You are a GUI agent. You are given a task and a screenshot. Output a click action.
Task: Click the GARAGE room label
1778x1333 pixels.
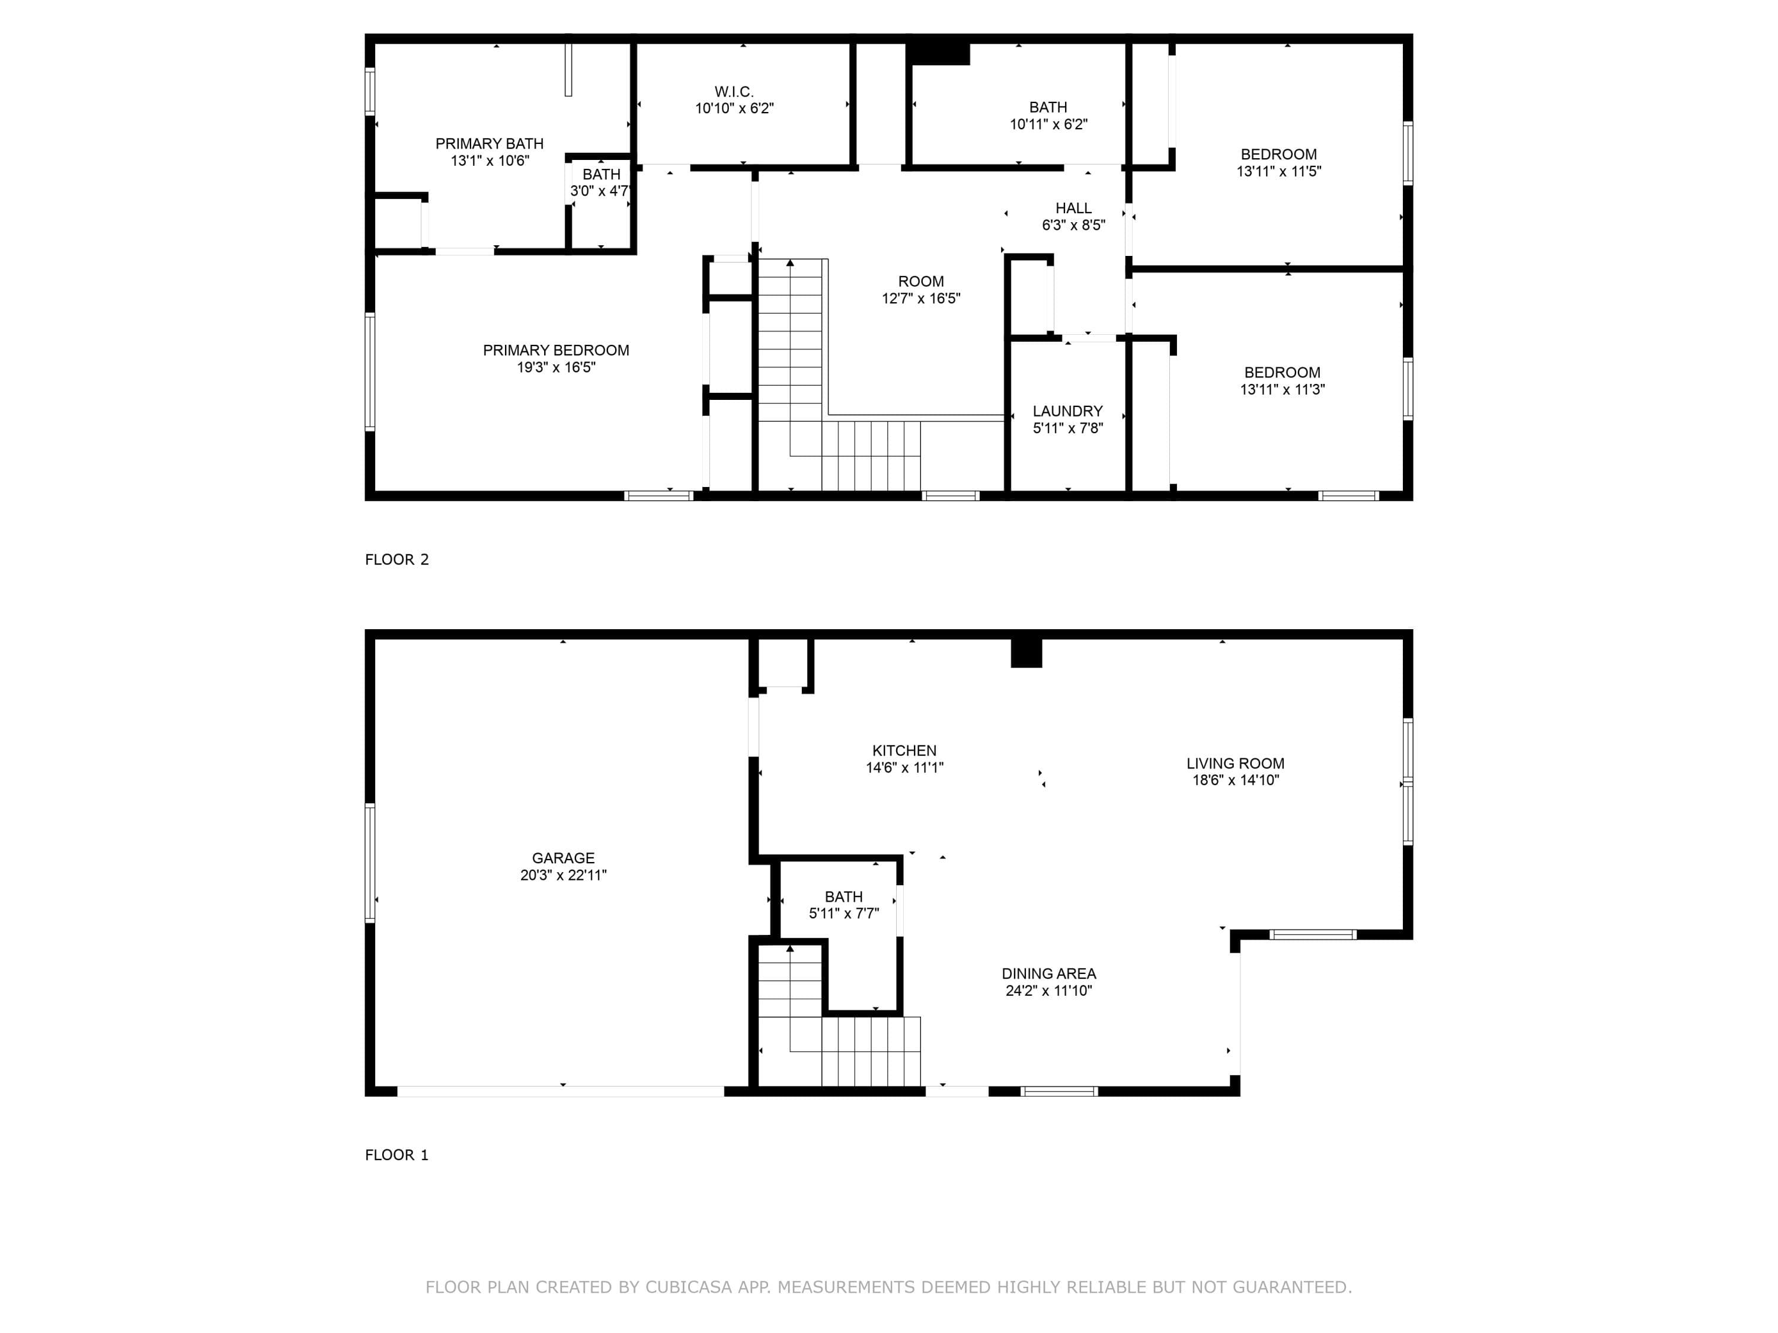562,858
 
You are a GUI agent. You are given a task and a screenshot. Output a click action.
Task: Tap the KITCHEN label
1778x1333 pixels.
904,751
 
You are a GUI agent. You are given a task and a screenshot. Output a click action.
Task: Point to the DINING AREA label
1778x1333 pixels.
1049,974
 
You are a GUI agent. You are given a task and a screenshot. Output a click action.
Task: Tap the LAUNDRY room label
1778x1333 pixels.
1067,411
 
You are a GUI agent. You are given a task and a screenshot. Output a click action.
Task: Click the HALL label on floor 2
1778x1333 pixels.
1074,208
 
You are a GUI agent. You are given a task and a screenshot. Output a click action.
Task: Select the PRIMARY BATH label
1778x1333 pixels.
490,144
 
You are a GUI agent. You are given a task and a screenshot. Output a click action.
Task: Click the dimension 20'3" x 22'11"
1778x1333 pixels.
562,875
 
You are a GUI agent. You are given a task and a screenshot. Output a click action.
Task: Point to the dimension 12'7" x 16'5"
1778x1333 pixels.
921,298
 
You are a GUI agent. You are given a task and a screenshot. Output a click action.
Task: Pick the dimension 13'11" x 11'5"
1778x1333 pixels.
1279,171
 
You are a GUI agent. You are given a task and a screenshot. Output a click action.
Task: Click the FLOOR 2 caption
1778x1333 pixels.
397,559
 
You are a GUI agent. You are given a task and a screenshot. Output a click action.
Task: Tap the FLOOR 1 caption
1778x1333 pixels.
397,1155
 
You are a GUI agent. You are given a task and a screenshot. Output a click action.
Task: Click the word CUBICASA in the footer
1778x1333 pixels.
688,1287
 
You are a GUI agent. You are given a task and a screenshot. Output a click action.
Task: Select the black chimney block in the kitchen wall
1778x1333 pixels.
1026,652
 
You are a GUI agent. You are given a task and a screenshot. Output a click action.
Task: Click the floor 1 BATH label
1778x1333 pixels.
844,897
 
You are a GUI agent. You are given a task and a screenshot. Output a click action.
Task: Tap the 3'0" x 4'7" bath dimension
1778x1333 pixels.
600,191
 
